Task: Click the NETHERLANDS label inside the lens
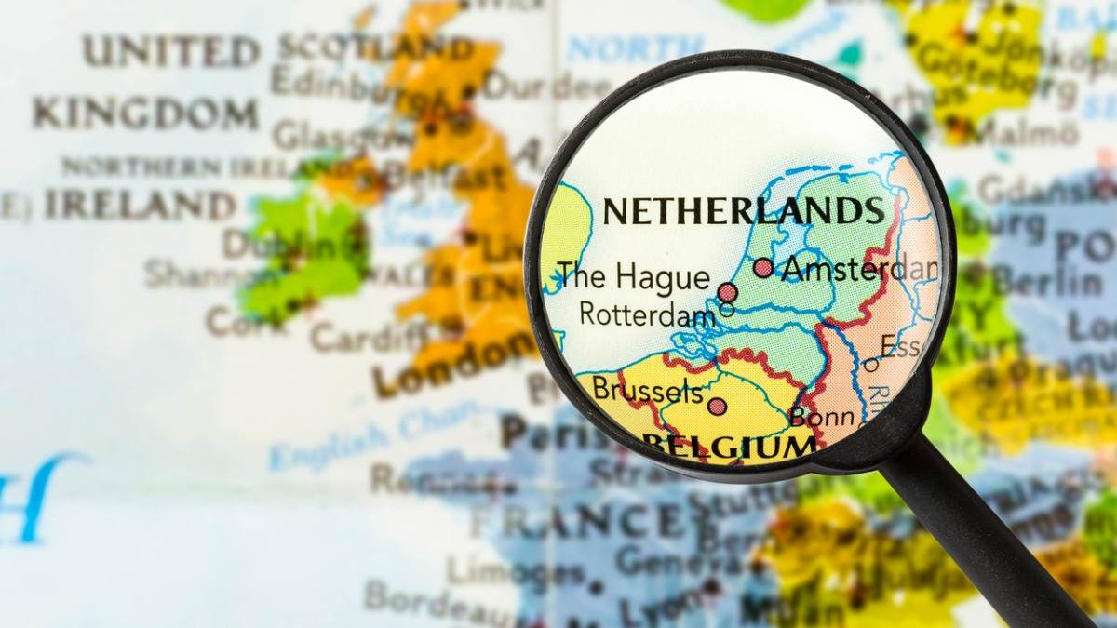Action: [743, 211]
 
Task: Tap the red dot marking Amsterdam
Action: [763, 268]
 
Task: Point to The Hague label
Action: [633, 277]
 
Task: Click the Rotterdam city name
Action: [647, 314]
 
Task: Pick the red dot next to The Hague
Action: [728, 292]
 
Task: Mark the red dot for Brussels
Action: [716, 406]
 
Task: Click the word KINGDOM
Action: [145, 114]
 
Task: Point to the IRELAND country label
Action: [141, 205]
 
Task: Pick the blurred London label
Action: [456, 366]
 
